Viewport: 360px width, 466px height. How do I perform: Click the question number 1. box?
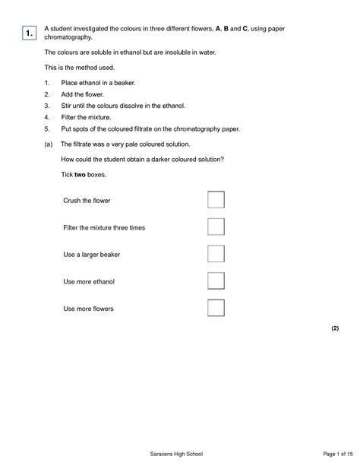pos(27,33)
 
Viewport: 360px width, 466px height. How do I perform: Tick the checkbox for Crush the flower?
pos(216,200)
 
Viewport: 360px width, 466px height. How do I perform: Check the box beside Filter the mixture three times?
pos(216,227)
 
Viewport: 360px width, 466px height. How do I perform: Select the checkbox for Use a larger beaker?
pos(216,254)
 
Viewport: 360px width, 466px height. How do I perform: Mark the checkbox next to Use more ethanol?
pos(216,281)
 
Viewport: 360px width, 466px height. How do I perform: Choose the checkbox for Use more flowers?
pos(216,308)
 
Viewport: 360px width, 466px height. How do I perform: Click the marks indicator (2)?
pos(334,328)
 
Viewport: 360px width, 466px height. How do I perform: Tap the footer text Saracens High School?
pos(179,454)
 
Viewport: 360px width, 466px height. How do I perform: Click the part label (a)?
pos(49,144)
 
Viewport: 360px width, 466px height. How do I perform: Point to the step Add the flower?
pos(81,94)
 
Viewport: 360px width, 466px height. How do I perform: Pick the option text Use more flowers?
pos(89,309)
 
